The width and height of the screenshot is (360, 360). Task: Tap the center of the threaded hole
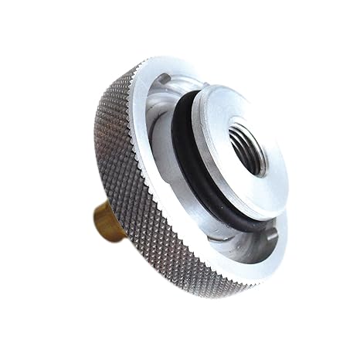point(248,147)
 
